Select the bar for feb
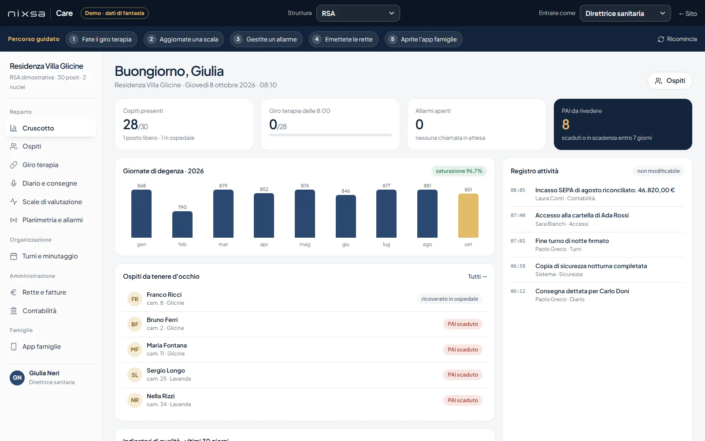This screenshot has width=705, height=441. tap(182, 224)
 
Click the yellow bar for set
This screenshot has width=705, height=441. tap(468, 216)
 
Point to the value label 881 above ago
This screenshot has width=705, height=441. tap(427, 186)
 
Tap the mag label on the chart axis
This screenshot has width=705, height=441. tap(304, 244)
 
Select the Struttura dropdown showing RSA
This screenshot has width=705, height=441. tap(358, 13)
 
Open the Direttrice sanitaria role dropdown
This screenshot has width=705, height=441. tap(625, 13)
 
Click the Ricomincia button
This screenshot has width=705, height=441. tap(677, 39)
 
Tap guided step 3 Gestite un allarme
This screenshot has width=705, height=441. tap(266, 39)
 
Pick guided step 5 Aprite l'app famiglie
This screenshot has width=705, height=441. tap(423, 39)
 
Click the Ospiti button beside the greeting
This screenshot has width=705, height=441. tap(670, 81)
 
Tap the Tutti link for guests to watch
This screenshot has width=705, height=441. tap(477, 277)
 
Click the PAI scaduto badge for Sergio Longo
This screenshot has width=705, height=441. tap(463, 375)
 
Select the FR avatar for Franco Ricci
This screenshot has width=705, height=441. tap(135, 299)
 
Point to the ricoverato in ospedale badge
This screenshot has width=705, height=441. tap(449, 299)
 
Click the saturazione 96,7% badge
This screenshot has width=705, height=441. tap(459, 171)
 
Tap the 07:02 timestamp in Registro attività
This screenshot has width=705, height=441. tap(518, 241)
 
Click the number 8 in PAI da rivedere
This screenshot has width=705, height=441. tap(566, 124)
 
